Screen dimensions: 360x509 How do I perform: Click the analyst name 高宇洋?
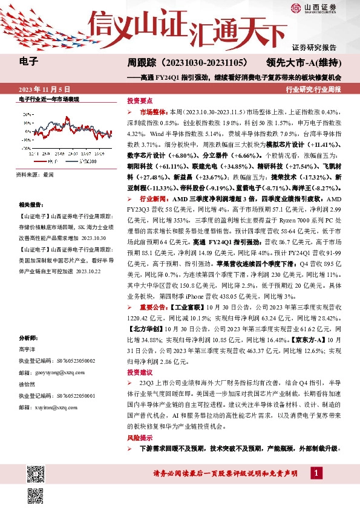pos(28,349)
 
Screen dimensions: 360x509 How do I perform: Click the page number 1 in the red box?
pos(316,472)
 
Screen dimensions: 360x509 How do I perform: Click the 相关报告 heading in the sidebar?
pos(30,205)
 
